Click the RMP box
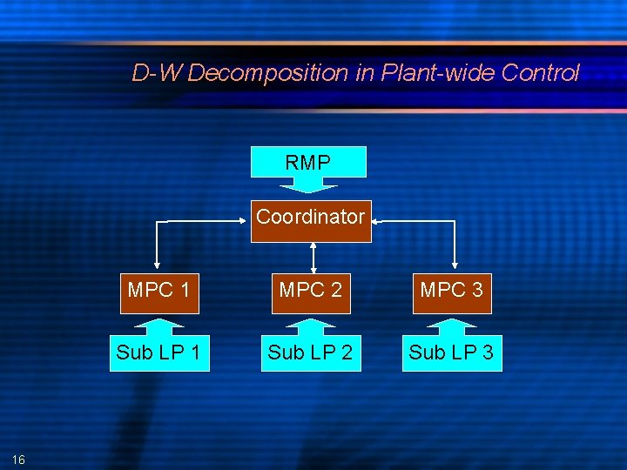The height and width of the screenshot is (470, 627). pos(308,162)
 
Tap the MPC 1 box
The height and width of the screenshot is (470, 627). pos(159,291)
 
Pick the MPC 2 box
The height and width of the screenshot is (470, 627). pos(311,291)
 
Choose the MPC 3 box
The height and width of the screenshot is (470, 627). pos(451,291)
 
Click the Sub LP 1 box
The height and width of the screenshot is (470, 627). pos(159,352)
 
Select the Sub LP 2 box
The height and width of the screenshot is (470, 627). pos(311,352)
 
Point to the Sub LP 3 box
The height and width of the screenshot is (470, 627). pos(451,352)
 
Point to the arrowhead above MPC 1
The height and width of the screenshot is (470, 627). pos(157,264)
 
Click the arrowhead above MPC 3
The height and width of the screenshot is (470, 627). pos(455,264)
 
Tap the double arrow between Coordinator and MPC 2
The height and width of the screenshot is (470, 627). pos(313,257)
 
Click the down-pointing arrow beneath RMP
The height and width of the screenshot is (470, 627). pos(308,185)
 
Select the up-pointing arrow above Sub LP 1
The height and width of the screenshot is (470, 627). pos(159,326)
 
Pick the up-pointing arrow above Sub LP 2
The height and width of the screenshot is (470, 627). pos(311,326)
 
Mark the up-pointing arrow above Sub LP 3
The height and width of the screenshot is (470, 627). pos(451,326)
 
